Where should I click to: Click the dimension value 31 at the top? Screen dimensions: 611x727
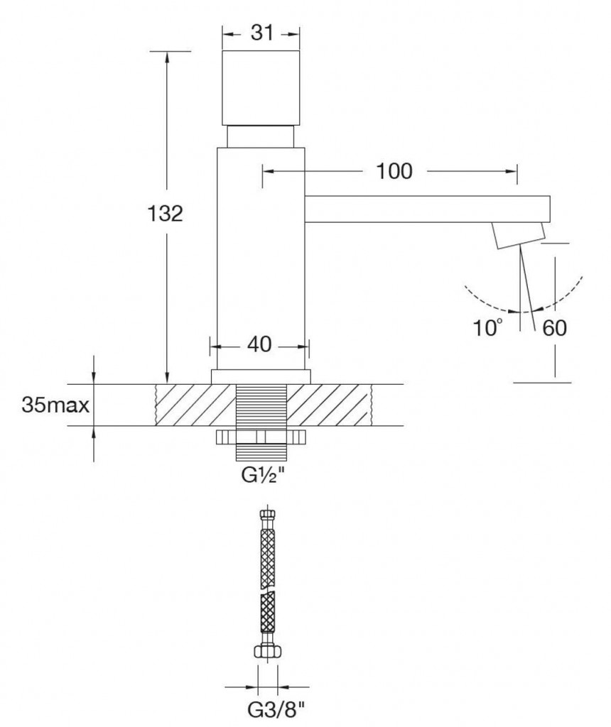pos(262,33)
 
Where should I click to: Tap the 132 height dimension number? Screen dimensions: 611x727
pos(165,214)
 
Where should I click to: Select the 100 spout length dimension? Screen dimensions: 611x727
pos(394,171)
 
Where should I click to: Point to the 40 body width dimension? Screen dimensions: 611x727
pos(259,344)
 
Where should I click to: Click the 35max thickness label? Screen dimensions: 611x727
pos(55,405)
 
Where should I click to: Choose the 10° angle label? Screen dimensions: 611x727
pos(487,328)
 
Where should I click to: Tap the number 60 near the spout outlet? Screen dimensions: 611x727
pos(554,328)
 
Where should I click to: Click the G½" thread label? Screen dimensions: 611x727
pos(263,475)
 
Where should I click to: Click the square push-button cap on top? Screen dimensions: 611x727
pos(261,88)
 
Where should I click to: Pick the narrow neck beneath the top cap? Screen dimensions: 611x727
pos(260,136)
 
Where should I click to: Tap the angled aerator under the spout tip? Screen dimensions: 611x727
pos(519,235)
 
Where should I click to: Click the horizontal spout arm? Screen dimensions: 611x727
pos(427,209)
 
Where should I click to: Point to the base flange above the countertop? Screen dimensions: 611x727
pos(261,377)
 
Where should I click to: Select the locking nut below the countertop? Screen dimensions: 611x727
pos(261,437)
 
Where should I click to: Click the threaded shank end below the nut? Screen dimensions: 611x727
pos(261,453)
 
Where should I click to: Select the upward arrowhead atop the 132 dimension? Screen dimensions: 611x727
pos(167,58)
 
